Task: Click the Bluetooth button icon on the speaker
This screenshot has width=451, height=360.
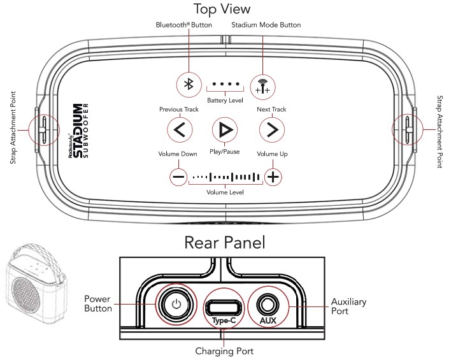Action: pyautogui.click(x=189, y=84)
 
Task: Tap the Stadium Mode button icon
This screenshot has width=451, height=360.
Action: pyautogui.click(x=262, y=84)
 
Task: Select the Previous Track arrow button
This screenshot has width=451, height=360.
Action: pyautogui.click(x=179, y=130)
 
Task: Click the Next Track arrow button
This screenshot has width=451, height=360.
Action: pyautogui.click(x=271, y=130)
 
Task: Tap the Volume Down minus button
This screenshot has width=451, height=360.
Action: pyautogui.click(x=179, y=176)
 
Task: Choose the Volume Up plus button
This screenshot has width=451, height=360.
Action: pyautogui.click(x=273, y=176)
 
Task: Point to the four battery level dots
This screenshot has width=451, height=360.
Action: pyautogui.click(x=225, y=84)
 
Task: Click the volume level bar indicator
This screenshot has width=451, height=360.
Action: pyautogui.click(x=226, y=176)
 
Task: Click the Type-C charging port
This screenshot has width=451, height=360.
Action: pyautogui.click(x=222, y=306)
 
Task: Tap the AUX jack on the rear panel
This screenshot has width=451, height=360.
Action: pyautogui.click(x=268, y=303)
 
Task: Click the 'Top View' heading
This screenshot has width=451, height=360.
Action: pyautogui.click(x=222, y=9)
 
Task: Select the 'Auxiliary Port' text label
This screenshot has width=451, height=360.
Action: pyautogui.click(x=348, y=307)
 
